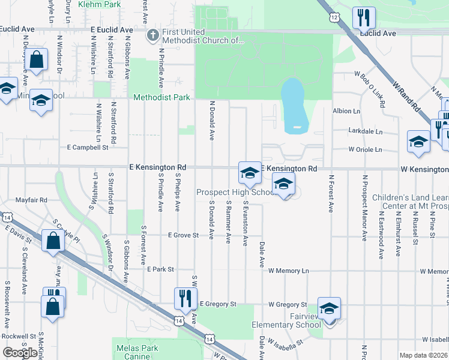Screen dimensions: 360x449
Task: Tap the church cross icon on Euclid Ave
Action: (152, 35)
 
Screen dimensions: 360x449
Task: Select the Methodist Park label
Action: (161, 97)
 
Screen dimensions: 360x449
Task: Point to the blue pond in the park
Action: (294, 103)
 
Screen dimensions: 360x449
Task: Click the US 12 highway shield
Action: (334, 18)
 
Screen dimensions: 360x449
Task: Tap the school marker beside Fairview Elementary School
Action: (329, 308)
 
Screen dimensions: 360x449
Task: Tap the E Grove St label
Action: (183, 236)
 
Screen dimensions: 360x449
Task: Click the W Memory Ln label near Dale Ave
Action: (289, 271)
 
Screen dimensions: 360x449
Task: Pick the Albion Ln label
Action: (346, 112)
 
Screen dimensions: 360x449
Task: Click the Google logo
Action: (19, 352)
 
